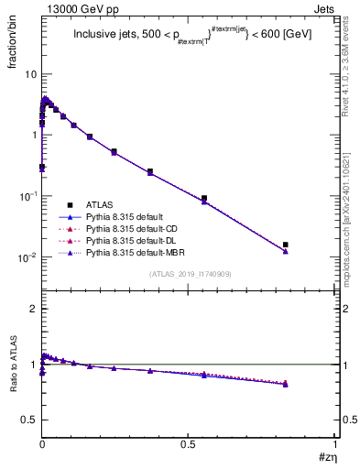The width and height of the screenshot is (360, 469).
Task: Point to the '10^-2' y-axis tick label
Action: click(27, 257)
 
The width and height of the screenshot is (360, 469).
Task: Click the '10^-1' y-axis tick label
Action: click(27, 196)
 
